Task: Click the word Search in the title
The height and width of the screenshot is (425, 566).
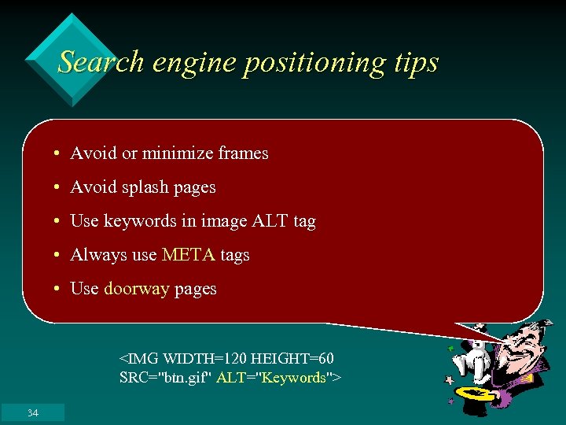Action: coord(101,61)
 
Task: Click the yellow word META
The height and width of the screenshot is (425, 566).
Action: coord(188,255)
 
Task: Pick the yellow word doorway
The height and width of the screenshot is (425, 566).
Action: coord(136,289)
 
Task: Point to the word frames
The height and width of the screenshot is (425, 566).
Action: coord(244,153)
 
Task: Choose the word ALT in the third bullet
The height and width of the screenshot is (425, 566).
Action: coord(270,221)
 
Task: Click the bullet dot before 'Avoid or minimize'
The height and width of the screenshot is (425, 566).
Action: coord(59,154)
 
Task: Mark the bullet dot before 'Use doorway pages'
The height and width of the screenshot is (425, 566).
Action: coord(59,290)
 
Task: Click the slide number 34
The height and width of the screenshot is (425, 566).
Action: coord(32,413)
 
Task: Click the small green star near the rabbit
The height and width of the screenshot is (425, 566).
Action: coord(451,347)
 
